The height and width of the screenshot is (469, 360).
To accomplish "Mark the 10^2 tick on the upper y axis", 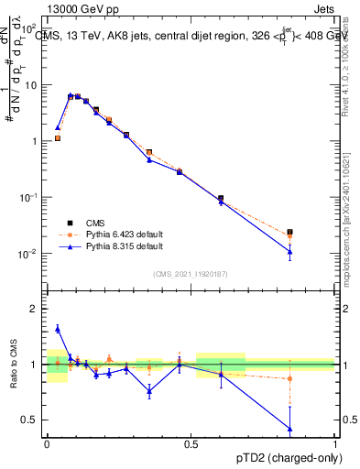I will [34, 28].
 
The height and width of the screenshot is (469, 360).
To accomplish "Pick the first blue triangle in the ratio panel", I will [58, 329].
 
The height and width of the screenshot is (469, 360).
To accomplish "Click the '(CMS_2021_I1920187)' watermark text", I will [191, 273].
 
